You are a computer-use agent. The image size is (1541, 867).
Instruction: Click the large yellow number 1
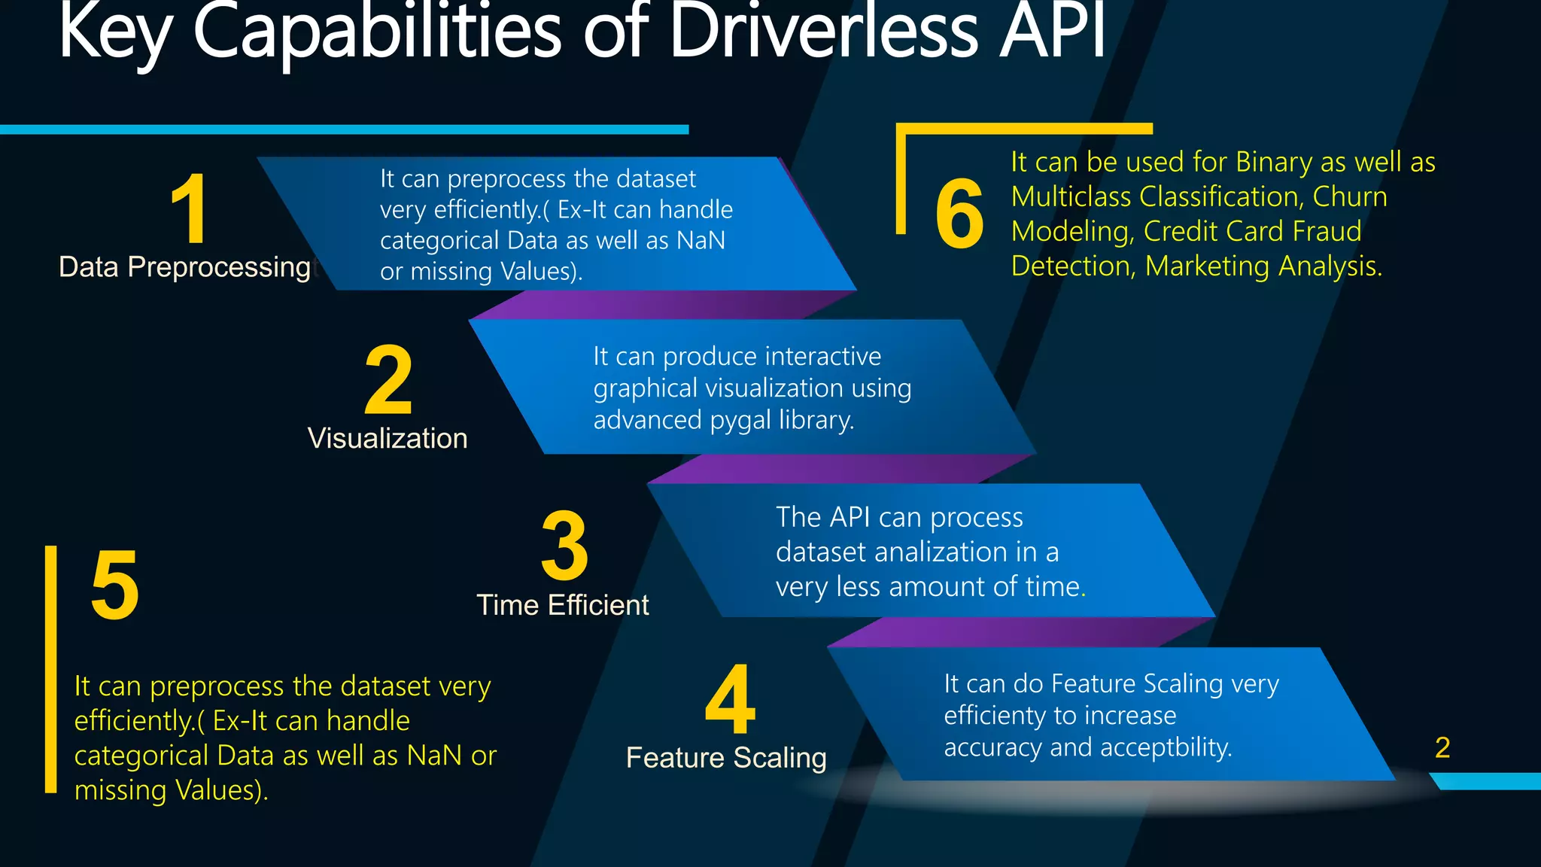[190, 208]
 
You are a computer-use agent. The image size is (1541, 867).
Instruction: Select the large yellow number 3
[564, 546]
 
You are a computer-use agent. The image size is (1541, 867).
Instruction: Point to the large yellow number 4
[730, 700]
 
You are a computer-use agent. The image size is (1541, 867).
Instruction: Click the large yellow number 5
[115, 586]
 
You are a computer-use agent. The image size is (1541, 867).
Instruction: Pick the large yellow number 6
[959, 214]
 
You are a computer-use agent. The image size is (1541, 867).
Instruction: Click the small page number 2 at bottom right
[1442, 747]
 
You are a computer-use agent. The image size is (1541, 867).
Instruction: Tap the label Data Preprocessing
[185, 267]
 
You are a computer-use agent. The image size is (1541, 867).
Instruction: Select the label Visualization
[388, 438]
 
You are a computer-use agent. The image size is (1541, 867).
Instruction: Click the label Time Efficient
[563, 605]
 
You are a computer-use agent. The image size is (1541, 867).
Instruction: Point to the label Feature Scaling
[726, 758]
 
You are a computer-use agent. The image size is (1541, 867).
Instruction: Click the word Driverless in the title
[824, 32]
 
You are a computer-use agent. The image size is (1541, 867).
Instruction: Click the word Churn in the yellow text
[1350, 196]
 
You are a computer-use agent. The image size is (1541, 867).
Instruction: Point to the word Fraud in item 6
[1327, 231]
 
